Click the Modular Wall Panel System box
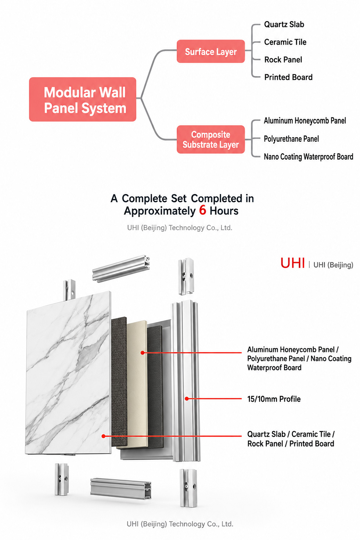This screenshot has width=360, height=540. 82,99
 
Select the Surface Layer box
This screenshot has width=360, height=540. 211,51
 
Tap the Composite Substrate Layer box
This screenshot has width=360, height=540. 211,139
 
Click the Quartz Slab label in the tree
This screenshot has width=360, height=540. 284,24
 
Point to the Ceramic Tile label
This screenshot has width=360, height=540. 285,42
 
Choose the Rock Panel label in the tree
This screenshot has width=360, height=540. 283,60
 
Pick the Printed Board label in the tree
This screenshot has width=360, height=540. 288,77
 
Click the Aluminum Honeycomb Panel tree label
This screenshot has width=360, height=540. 305,120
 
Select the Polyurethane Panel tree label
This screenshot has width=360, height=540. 291,139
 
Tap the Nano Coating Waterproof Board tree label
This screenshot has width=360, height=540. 309,157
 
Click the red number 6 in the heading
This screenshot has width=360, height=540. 202,210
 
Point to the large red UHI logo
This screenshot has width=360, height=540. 293,263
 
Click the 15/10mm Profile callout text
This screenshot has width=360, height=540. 274,399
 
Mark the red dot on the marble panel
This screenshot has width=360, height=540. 104,436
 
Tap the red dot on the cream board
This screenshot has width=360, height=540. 143,353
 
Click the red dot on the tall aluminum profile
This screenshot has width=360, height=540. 187,399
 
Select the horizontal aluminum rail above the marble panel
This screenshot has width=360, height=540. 121,268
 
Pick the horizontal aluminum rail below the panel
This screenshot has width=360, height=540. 121,489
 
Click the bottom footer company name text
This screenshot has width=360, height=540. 180,524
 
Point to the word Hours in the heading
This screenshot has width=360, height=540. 224,211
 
